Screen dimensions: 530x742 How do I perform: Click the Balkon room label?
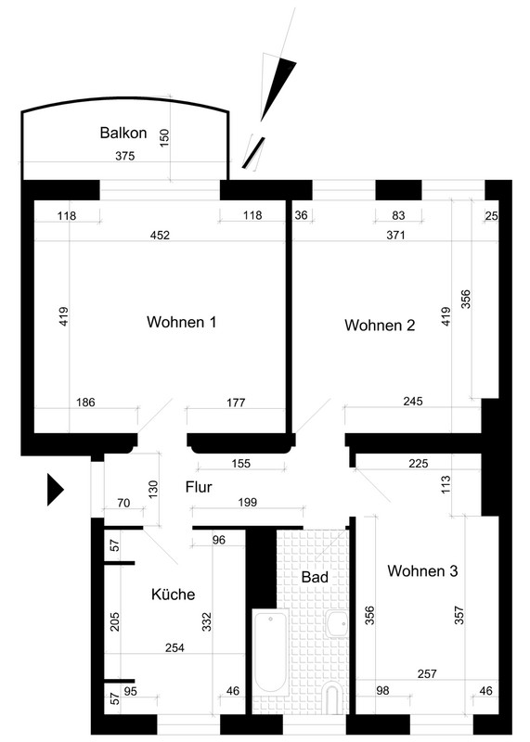123,133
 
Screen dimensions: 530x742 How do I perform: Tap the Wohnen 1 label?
181,322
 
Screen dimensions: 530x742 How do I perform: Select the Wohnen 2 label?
380,326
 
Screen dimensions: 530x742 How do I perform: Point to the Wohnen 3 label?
422,570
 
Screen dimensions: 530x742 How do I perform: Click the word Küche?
174,594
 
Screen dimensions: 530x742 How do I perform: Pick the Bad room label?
315,577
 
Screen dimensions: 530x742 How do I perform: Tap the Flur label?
199,487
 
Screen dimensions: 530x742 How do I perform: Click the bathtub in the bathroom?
270,652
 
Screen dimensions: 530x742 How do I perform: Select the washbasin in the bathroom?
337,623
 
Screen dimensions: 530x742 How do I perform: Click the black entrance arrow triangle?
55,490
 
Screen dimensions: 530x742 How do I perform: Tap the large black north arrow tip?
278,90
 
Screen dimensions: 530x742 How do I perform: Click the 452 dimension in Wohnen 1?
160,236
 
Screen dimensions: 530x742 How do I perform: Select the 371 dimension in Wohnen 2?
396,235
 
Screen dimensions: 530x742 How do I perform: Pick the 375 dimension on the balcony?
125,156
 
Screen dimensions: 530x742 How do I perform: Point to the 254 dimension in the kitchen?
175,647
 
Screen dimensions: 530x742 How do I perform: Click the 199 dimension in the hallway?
247,502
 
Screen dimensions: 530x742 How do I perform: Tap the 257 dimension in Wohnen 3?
427,673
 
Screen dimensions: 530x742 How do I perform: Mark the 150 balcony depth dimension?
164,137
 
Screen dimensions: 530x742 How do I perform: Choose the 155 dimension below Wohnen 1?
241,463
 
